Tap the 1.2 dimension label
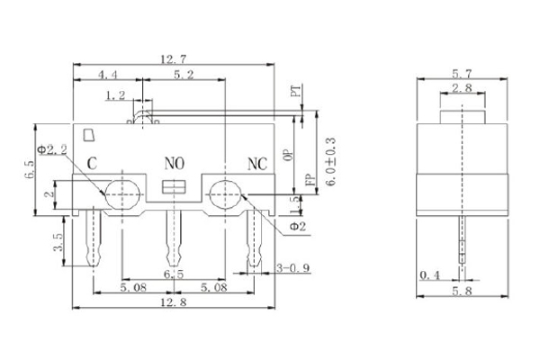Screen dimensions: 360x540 tap(115, 94)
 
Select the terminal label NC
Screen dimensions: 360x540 tap(258, 164)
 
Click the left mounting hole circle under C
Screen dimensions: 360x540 tap(121, 192)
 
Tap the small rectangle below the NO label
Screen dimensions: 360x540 tap(172, 186)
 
